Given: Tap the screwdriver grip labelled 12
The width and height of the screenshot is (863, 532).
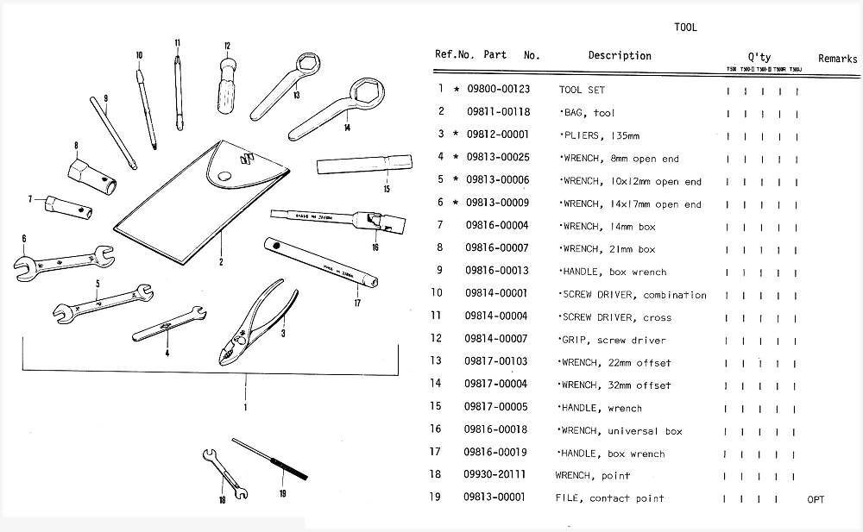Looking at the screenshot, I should (x=227, y=86).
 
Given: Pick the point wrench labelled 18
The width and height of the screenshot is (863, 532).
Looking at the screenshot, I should (x=223, y=475).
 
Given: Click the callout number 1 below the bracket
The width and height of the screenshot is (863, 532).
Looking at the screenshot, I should (x=246, y=406).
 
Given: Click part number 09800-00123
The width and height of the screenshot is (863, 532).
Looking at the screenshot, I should (x=498, y=90).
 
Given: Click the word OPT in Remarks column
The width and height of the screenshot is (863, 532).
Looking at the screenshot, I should (x=816, y=498).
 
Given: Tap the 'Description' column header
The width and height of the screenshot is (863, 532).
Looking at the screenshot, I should (x=620, y=55).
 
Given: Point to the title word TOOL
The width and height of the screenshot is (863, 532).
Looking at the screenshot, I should (x=685, y=27).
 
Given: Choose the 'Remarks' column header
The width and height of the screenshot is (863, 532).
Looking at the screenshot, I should (x=837, y=59).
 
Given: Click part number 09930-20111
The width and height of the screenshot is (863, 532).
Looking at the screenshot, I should (x=495, y=475).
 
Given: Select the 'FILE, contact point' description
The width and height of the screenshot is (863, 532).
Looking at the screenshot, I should (x=609, y=498).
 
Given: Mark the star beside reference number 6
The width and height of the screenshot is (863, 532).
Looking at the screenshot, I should (x=456, y=203).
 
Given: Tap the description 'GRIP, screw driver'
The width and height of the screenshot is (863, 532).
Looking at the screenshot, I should (x=612, y=340).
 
